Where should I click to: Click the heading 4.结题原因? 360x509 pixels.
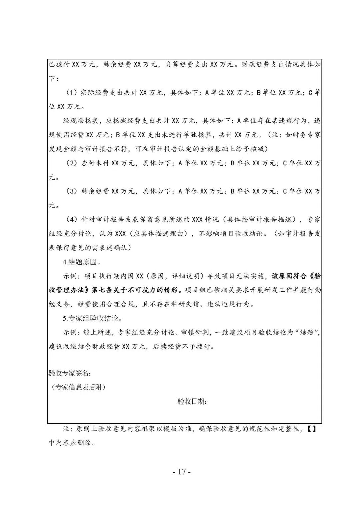(x=82, y=262)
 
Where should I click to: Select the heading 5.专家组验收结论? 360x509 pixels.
(x=91, y=318)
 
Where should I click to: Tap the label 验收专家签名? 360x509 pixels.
(x=69, y=373)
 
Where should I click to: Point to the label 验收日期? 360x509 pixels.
(x=192, y=402)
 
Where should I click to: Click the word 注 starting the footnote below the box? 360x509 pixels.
(x=66, y=429)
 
